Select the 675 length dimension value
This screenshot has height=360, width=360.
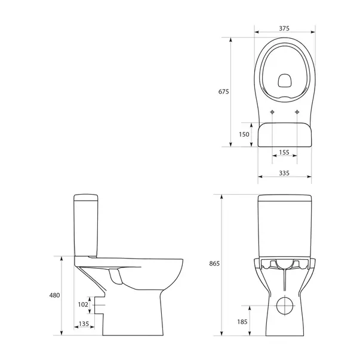[223, 91]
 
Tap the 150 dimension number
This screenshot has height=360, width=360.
[244, 134]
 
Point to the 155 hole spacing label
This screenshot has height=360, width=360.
[284, 153]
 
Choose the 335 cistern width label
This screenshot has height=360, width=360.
[284, 173]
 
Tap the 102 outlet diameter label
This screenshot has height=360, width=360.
[84, 304]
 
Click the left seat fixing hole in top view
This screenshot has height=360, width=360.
[272, 113]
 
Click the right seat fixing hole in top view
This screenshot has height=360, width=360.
[297, 113]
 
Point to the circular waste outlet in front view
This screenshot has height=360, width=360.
[284, 305]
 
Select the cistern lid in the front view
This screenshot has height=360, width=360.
[284, 198]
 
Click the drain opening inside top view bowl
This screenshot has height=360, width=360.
[284, 79]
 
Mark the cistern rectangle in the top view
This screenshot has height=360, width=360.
[284, 135]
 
